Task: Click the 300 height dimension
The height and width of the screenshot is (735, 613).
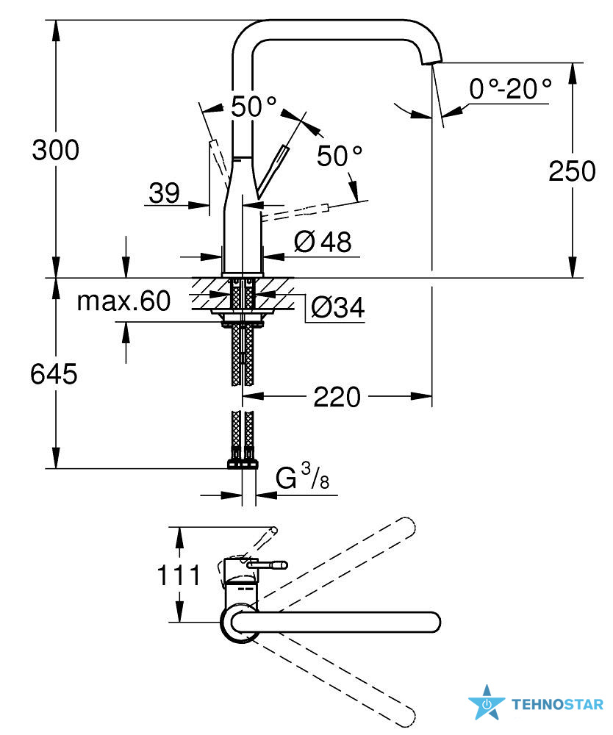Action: (55, 150)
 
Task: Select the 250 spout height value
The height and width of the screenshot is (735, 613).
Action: (572, 171)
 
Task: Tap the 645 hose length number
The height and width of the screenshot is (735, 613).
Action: (54, 374)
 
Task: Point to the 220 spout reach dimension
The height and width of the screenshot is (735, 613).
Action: (337, 397)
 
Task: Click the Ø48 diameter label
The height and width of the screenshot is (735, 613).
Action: (323, 242)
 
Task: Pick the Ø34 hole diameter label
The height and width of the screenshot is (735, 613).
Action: (337, 307)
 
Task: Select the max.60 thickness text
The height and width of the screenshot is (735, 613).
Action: (123, 301)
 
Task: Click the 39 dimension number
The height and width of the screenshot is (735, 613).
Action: (164, 193)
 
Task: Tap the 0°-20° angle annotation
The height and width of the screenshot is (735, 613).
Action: (510, 88)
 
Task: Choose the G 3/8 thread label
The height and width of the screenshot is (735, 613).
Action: (302, 476)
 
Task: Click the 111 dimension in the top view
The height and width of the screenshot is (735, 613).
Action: (179, 576)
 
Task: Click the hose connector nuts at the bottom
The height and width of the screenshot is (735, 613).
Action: (243, 464)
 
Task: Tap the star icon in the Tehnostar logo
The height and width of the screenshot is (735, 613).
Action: (487, 703)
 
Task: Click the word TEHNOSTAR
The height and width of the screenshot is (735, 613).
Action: (557, 705)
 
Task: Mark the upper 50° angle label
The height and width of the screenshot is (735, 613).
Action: (254, 107)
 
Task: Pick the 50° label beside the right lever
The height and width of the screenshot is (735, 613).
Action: (340, 156)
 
